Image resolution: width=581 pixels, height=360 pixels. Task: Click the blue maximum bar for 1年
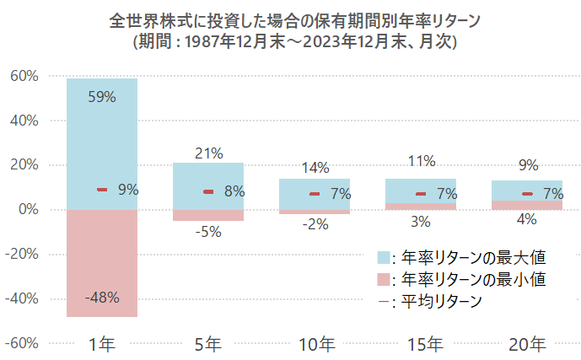(102, 143)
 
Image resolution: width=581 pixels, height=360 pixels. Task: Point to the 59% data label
(102, 97)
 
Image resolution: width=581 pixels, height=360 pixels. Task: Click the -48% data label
(102, 298)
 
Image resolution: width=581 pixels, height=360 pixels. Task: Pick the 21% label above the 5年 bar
(208, 153)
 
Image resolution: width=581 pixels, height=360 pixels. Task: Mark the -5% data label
(208, 232)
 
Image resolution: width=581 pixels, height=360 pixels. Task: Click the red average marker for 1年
(102, 190)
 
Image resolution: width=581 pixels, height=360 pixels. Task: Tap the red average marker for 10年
(315, 194)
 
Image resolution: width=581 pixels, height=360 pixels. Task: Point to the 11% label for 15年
(421, 161)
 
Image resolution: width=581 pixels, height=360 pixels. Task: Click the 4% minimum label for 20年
(527, 221)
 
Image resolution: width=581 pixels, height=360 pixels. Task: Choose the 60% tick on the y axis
(24, 76)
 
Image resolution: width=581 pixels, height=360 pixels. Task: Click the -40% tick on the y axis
(22, 298)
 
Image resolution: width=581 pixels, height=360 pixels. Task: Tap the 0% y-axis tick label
(28, 209)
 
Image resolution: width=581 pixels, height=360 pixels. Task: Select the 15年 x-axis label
(421, 344)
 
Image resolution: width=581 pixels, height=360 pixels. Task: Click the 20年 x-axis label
(527, 344)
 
